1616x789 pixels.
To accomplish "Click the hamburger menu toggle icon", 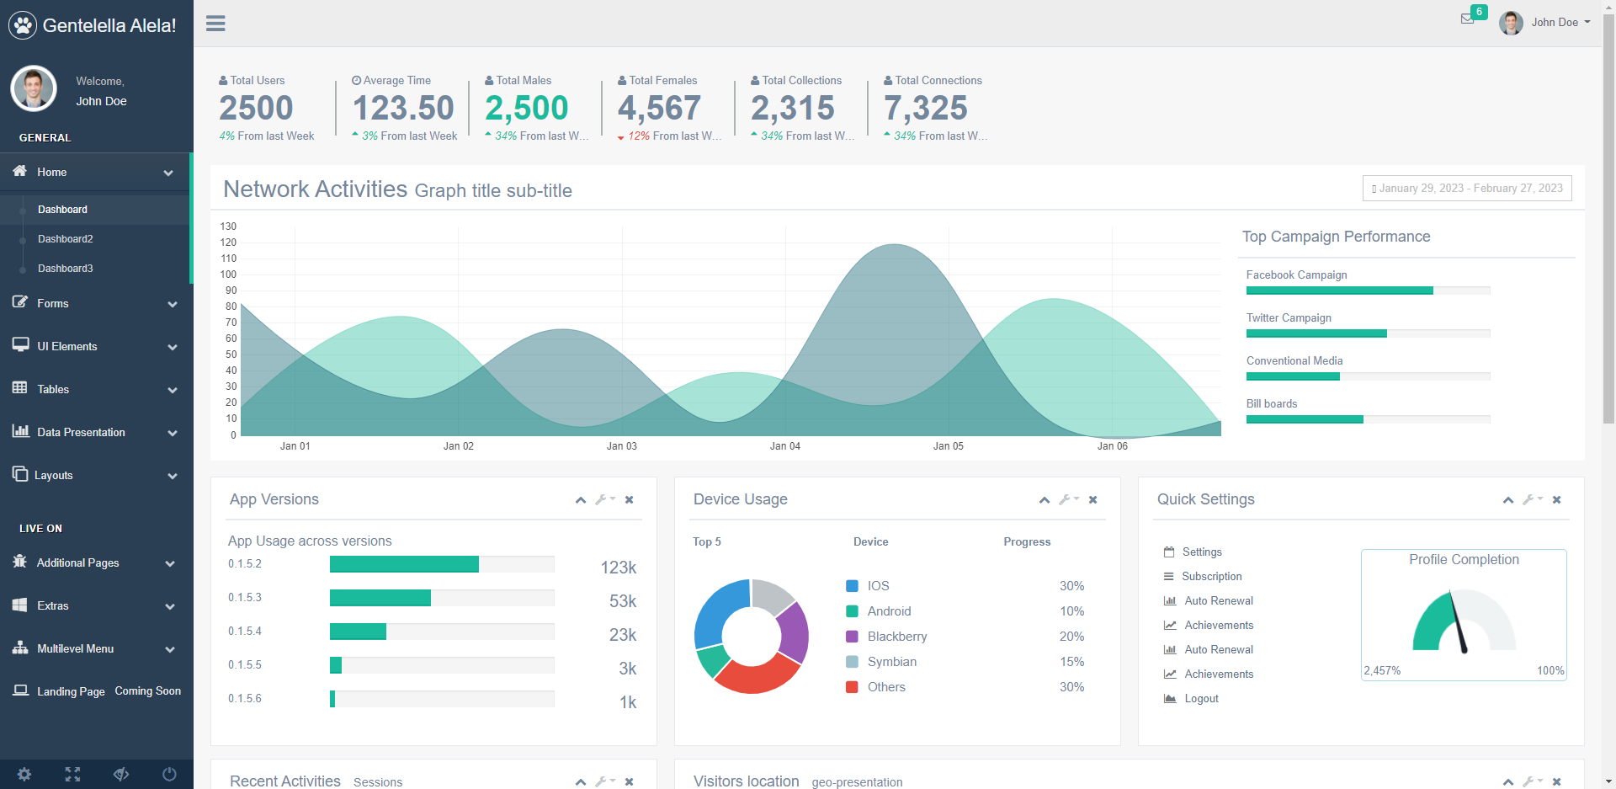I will click(x=215, y=24).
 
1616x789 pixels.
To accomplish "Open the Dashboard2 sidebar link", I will click(x=66, y=239).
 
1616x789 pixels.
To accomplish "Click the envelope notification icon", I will click(x=1468, y=19).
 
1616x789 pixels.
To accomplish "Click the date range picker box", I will click(x=1467, y=189).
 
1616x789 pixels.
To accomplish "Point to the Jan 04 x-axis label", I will click(x=784, y=446).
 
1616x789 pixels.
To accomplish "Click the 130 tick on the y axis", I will click(x=228, y=227).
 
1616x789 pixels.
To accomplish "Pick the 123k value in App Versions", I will click(x=618, y=568).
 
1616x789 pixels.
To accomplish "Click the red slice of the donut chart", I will click(x=755, y=675).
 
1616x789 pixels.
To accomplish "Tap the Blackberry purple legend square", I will click(x=852, y=637).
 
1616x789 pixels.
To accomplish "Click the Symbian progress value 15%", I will click(x=1071, y=662).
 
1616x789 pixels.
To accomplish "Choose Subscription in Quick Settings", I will click(x=1211, y=577).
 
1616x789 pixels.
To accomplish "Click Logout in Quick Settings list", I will click(x=1201, y=699).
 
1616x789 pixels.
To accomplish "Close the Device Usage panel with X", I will click(x=1092, y=500).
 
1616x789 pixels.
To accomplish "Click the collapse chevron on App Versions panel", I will click(x=581, y=500).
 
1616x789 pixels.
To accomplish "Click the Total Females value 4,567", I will click(x=659, y=108).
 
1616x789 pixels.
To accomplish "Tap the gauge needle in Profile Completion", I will click(x=1459, y=624).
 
